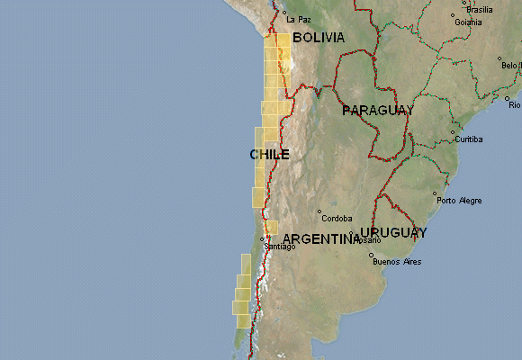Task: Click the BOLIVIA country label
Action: pos(319,38)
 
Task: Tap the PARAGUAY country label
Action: pos(378,111)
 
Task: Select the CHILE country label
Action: pos(270,155)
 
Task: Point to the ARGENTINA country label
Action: pos(321,239)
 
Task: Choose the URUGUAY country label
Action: pos(393,233)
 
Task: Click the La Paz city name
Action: pos(298,19)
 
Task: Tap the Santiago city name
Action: pos(280,247)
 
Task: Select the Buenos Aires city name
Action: pos(397,262)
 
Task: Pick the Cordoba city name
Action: pos(337,218)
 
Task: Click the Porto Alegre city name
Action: pos(459,201)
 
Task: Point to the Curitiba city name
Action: pos(469,139)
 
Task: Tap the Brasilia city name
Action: pos(480,9)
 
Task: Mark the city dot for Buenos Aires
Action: pos(371,255)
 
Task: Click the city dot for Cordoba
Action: pos(319,212)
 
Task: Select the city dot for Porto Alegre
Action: pos(435,194)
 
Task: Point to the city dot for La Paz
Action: pos(284,13)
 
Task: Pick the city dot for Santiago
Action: pos(262,238)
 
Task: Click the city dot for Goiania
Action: pos(453,15)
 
